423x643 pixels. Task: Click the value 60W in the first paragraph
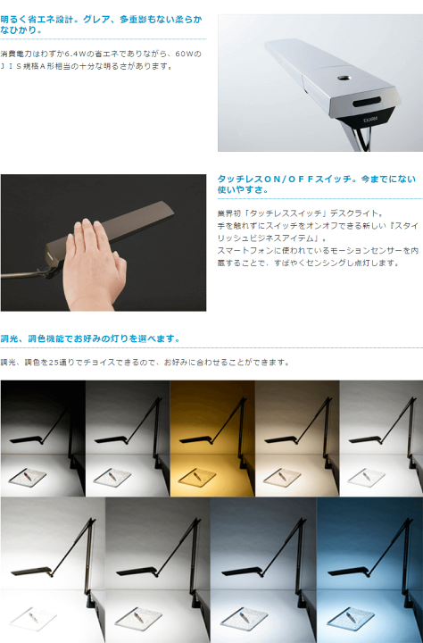click(x=187, y=54)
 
